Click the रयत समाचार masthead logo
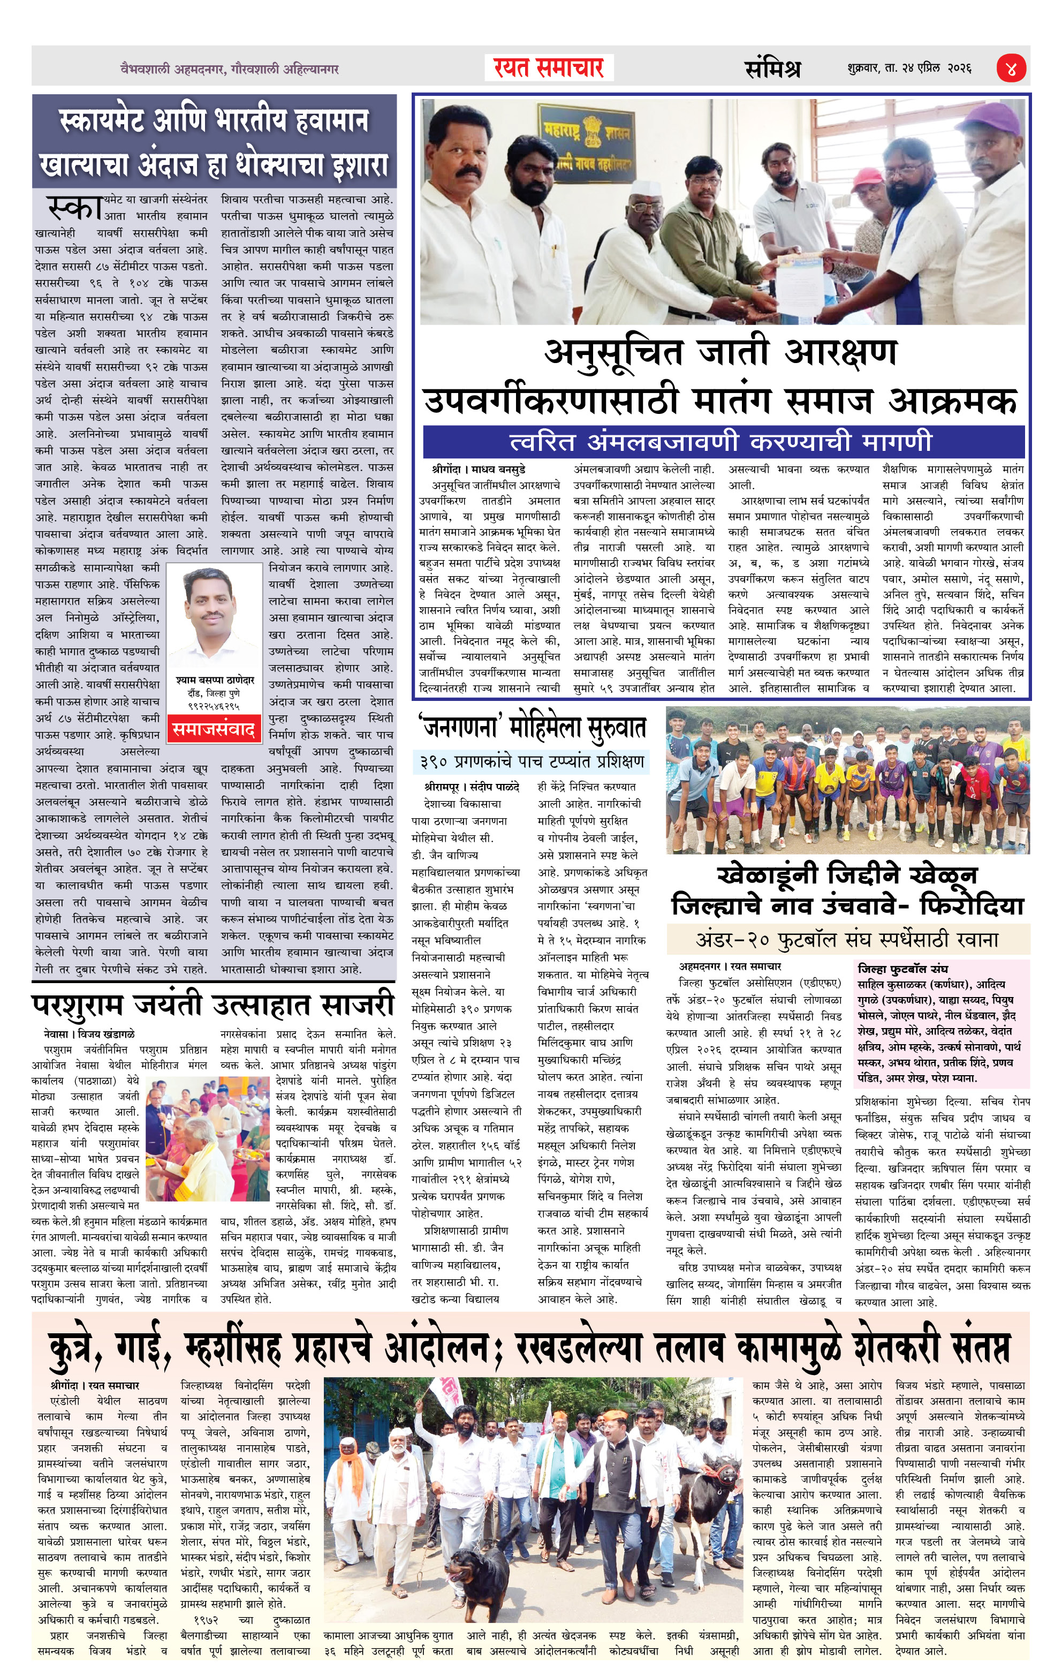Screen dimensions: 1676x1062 click(549, 68)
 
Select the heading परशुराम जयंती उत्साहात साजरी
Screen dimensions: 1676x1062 click(213, 1005)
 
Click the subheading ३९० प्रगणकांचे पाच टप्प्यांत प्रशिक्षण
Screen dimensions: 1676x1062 click(532, 761)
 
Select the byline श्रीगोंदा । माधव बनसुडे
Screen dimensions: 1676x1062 click(479, 469)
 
